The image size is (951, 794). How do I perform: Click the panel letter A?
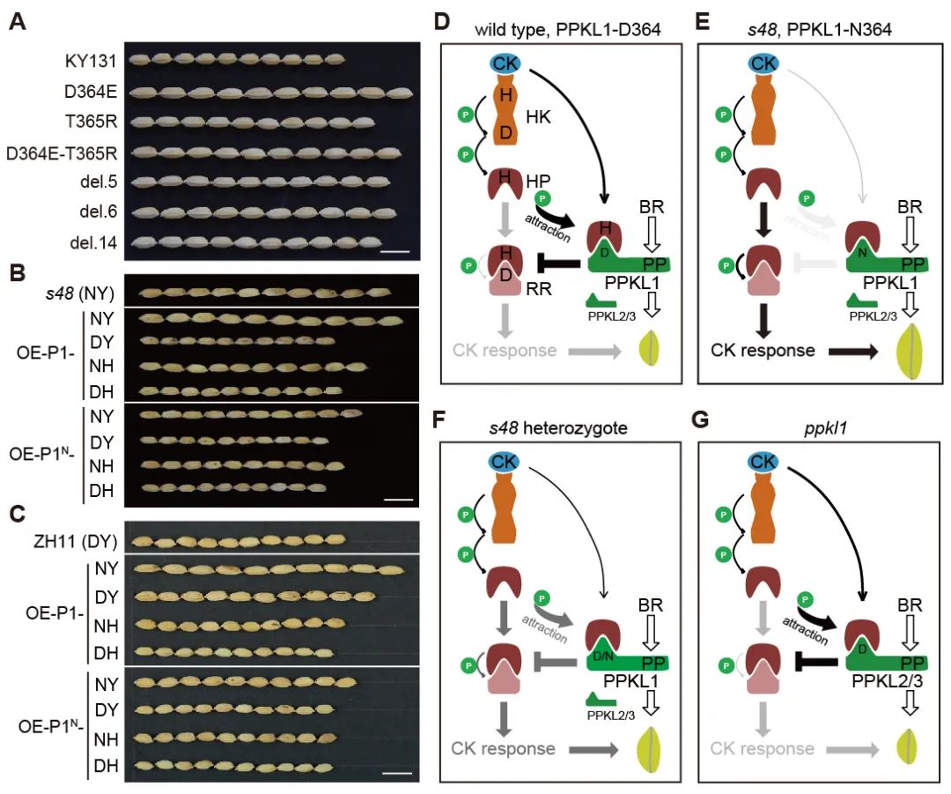click(x=16, y=21)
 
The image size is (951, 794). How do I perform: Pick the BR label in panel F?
click(x=649, y=605)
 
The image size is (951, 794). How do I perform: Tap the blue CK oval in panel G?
click(x=765, y=462)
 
